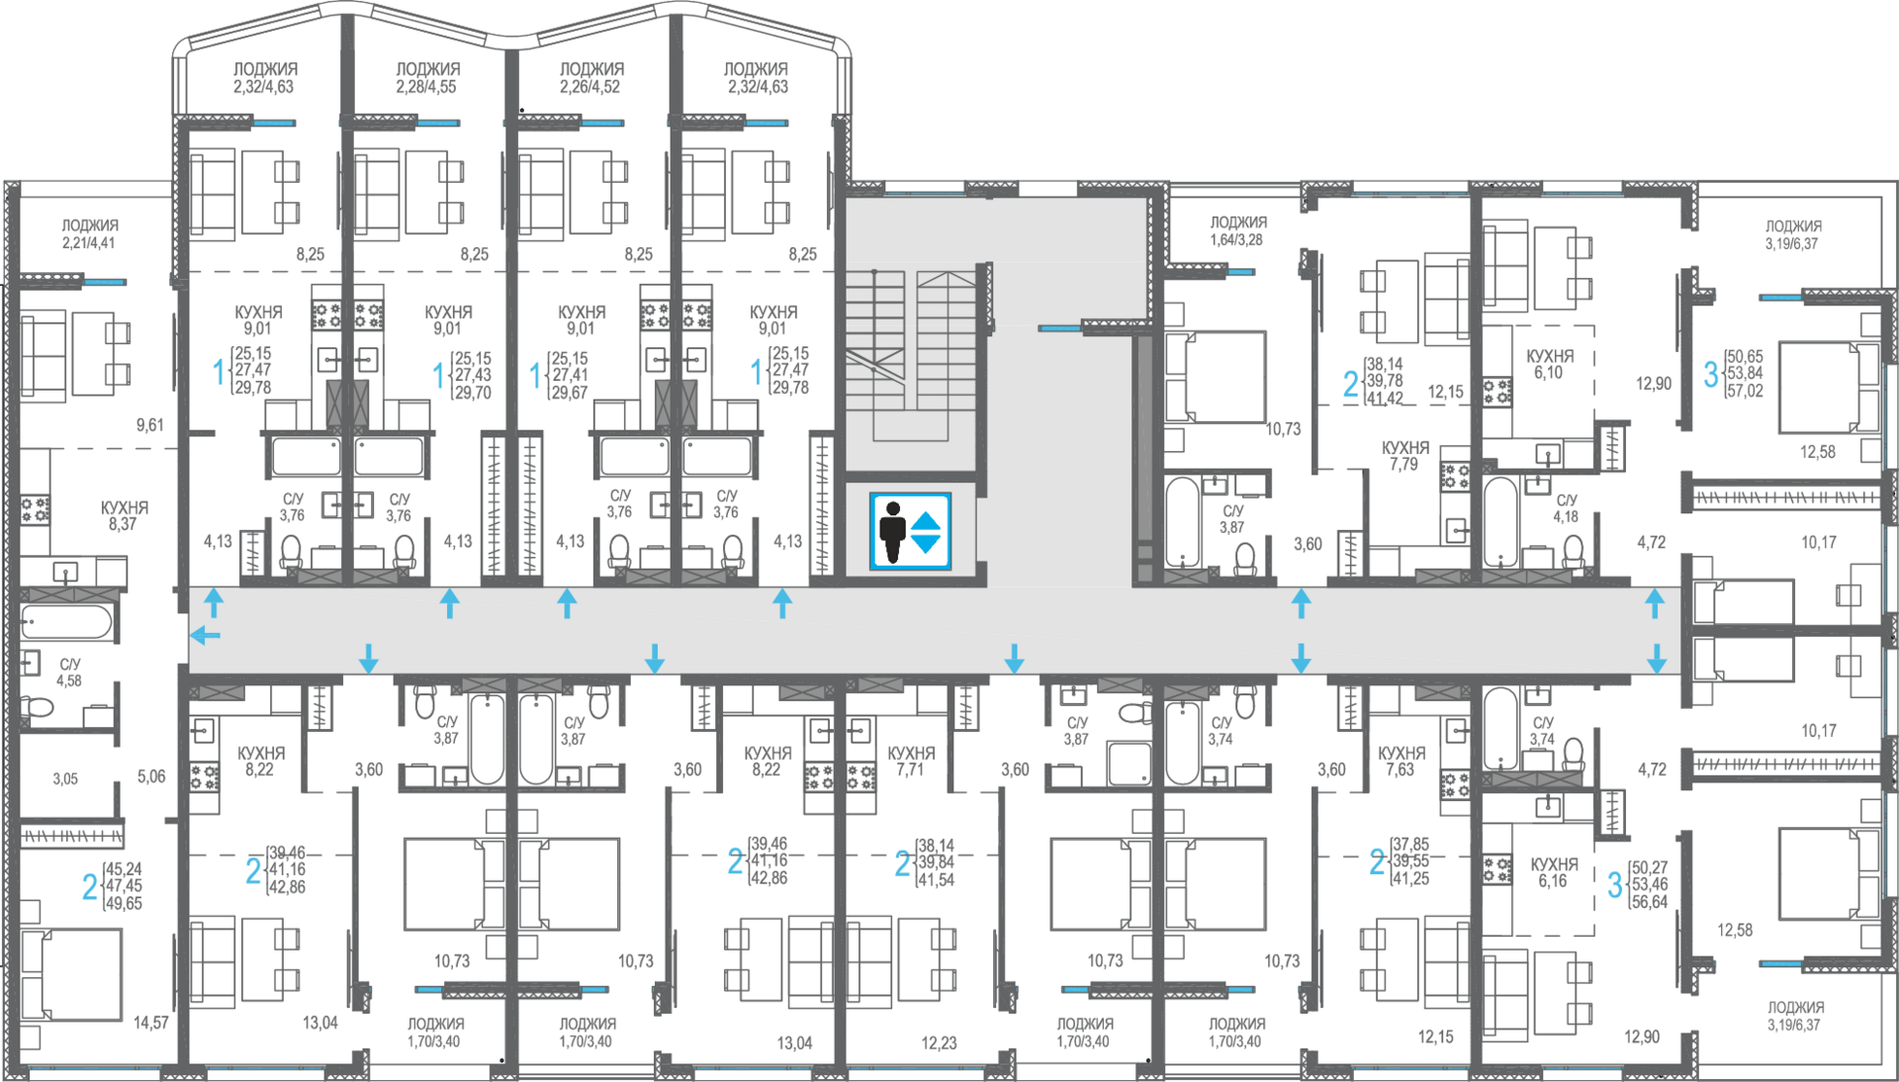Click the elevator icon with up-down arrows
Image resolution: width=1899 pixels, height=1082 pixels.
tap(910, 532)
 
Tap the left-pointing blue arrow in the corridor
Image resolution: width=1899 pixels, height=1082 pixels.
tap(205, 635)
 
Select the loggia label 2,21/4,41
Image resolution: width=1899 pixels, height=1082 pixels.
tap(90, 234)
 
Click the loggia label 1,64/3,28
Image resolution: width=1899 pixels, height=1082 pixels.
tap(1237, 231)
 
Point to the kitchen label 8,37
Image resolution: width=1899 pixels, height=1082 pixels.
tap(124, 516)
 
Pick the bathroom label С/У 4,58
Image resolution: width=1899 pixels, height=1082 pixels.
tap(69, 673)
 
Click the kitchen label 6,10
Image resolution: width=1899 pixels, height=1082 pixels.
tap(1549, 364)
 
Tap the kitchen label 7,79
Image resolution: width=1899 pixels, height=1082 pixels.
tap(1404, 456)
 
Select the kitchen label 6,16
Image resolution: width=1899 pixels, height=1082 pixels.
tap(1554, 872)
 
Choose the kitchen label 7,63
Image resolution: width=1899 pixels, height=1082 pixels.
tap(1401, 762)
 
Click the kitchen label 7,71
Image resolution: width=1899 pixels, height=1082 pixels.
tap(910, 762)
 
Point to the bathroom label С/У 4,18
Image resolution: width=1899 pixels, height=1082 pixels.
tap(1566, 508)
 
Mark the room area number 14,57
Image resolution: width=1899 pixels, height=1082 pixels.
tap(151, 1023)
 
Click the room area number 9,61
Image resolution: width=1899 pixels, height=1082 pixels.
tap(150, 425)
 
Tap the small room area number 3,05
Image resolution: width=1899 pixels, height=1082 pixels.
tap(65, 779)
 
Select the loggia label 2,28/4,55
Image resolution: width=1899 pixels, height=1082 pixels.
tap(427, 78)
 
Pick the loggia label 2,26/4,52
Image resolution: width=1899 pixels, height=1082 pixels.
tap(590, 78)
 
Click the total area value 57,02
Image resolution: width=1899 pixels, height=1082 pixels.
tap(1745, 392)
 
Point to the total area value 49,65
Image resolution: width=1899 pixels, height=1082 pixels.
tap(124, 904)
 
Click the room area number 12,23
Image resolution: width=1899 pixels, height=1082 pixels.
tap(939, 1042)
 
